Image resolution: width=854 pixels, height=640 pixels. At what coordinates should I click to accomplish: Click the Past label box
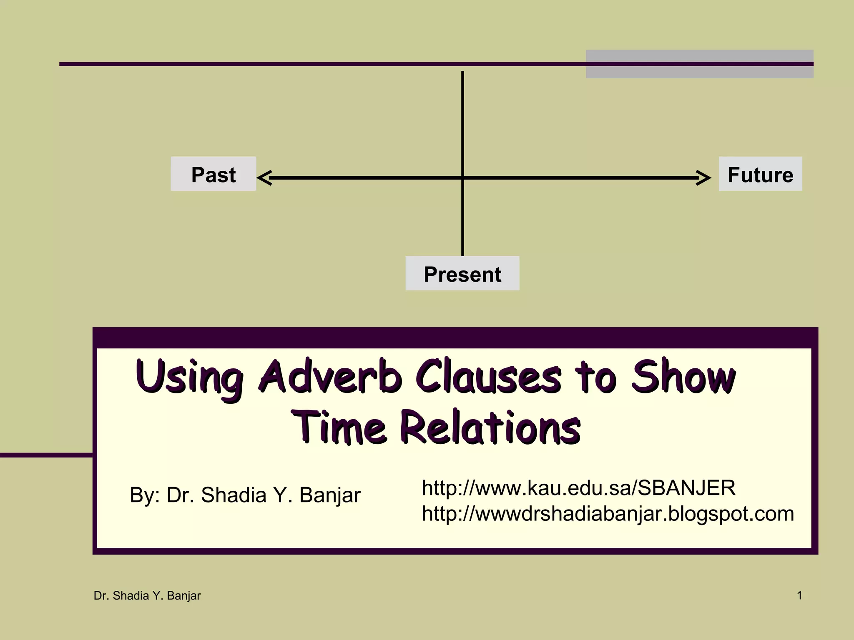pyautogui.click(x=213, y=174)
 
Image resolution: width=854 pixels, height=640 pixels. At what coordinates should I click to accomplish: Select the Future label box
pyautogui.click(x=760, y=174)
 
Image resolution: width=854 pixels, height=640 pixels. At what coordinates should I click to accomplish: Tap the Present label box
pyautogui.click(x=462, y=274)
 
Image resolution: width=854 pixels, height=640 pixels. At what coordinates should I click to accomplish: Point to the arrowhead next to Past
pyautogui.click(x=264, y=178)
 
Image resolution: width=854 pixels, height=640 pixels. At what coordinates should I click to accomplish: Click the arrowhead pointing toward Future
pyautogui.click(x=704, y=178)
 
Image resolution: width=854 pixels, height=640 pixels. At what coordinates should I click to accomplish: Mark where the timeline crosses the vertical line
pyautogui.click(x=462, y=178)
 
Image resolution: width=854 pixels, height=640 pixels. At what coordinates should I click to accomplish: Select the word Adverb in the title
pyautogui.click(x=329, y=377)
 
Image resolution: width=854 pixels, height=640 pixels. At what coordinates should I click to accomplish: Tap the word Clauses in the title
pyautogui.click(x=488, y=377)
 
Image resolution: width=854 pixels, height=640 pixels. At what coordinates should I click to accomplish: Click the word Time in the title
pyautogui.click(x=338, y=427)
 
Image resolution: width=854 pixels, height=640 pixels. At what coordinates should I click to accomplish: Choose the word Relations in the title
pyautogui.click(x=490, y=427)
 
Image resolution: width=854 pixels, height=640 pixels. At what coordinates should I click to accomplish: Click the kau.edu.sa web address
pyautogui.click(x=578, y=487)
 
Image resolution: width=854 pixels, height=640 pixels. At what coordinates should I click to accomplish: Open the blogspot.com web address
pyautogui.click(x=608, y=513)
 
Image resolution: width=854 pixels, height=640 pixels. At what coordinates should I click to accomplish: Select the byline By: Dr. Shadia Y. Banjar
pyautogui.click(x=245, y=495)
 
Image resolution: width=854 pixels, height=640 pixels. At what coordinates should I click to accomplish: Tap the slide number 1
pyautogui.click(x=799, y=595)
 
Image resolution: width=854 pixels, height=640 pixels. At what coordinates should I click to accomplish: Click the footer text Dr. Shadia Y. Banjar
pyautogui.click(x=147, y=596)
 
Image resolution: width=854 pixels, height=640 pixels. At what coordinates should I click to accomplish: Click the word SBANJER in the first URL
pyautogui.click(x=686, y=487)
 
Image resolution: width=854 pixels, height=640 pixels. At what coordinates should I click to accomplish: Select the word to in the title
pyautogui.click(x=595, y=377)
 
